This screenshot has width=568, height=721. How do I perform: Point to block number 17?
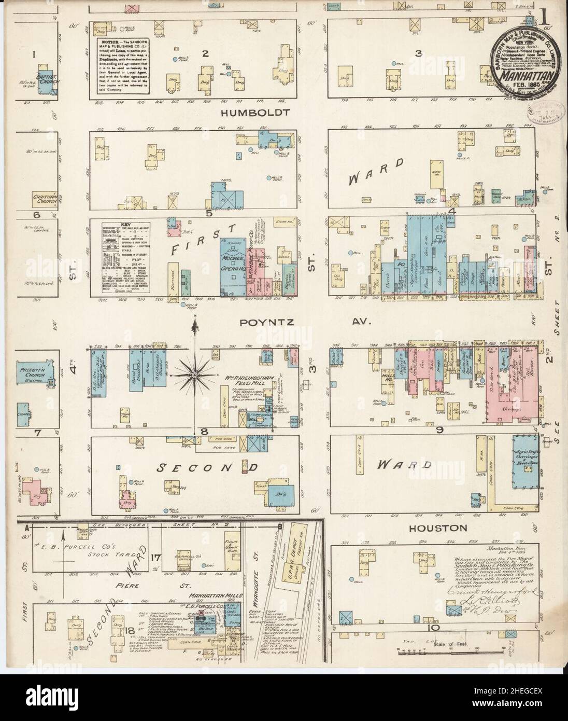(154, 558)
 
